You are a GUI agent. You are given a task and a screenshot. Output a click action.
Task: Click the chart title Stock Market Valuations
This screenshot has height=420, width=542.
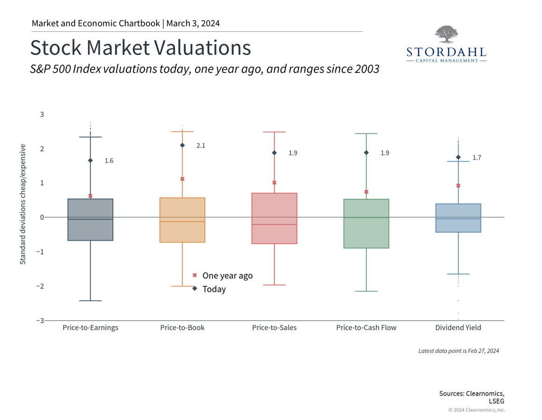140,48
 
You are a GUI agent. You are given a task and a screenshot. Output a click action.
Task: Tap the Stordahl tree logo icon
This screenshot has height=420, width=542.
446,35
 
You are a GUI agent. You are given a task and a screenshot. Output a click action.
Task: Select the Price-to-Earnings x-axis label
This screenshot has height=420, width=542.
90,327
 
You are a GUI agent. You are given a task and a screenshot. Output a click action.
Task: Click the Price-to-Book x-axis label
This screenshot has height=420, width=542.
182,327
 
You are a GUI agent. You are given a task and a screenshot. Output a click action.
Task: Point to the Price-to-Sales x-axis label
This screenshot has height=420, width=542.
274,327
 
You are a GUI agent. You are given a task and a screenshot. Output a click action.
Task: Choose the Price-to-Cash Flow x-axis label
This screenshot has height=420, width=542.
366,327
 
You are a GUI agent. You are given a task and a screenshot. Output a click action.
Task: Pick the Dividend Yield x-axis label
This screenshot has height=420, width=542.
458,327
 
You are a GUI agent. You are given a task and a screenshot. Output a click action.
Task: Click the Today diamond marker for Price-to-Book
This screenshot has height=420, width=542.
182,145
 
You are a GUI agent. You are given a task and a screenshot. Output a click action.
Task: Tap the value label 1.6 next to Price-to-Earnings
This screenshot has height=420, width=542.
108,161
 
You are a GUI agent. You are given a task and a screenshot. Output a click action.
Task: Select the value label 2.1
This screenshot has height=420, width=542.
201,146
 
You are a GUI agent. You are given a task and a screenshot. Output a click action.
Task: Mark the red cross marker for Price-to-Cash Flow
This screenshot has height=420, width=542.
366,192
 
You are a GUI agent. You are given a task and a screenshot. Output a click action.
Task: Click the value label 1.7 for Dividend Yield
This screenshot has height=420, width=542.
477,158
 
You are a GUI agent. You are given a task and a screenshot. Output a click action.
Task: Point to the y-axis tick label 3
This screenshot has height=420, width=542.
42,114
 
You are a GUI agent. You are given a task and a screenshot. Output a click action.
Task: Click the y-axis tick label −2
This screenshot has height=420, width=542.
40,286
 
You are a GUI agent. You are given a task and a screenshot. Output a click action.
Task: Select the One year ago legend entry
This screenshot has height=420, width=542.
223,275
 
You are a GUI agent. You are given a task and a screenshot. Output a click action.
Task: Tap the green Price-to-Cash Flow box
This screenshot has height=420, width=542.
366,223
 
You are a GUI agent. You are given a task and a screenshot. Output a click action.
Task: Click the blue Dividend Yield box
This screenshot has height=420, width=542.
458,218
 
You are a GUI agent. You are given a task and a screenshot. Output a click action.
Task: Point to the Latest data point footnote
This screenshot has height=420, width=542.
458,350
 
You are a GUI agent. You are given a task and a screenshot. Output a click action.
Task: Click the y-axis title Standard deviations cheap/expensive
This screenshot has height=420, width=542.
22,204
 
